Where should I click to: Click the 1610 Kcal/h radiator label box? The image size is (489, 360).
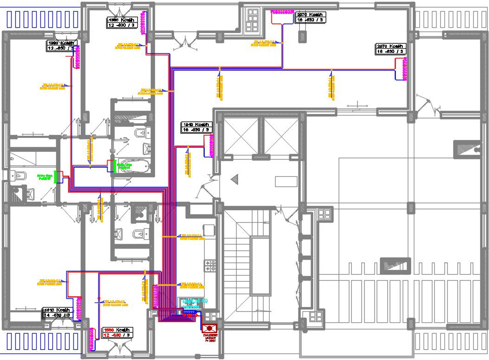pyautogui.click(x=57, y=313)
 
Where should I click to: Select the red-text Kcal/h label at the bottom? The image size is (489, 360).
pyautogui.click(x=117, y=332)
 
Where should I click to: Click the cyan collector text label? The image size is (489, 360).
pyautogui.click(x=195, y=304)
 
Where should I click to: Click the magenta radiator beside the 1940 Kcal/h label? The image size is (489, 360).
pyautogui.click(x=213, y=146)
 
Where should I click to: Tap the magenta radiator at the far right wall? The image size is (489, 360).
pyautogui.click(x=404, y=69)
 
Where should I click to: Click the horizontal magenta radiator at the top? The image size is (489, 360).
pyautogui.click(x=283, y=11)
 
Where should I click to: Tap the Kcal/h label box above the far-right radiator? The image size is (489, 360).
pyautogui.click(x=391, y=49)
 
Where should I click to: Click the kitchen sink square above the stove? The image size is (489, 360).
pyautogui.click(x=209, y=230)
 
